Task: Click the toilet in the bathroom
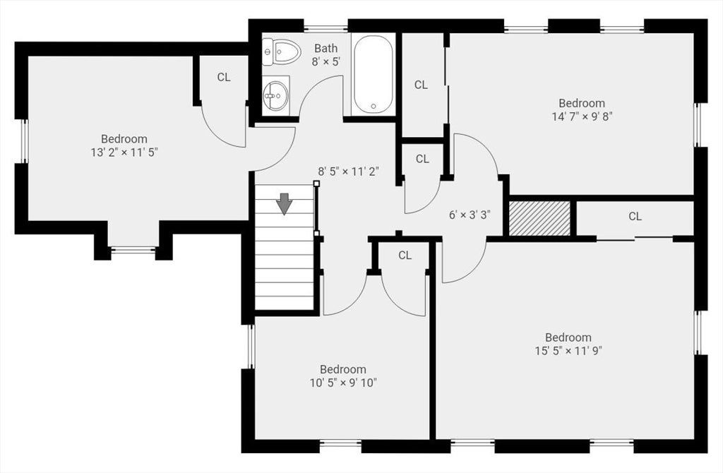click(281, 51)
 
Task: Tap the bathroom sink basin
click(276, 96)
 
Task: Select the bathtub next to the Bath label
click(374, 75)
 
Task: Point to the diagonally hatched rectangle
click(539, 219)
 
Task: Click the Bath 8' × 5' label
click(326, 55)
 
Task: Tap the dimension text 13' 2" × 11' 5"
click(124, 152)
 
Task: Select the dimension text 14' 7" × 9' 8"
click(582, 116)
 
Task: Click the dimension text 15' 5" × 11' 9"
click(568, 351)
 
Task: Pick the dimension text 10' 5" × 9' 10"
click(344, 383)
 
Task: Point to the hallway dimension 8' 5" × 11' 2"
click(349, 172)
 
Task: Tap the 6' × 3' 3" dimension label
click(470, 215)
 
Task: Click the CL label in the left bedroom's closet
click(224, 78)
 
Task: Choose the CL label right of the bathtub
click(421, 85)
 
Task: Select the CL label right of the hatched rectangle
click(635, 216)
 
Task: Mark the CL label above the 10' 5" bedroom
click(405, 256)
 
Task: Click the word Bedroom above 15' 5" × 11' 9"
click(568, 337)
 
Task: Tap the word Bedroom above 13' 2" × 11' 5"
click(124, 139)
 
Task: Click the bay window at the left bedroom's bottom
click(133, 251)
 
